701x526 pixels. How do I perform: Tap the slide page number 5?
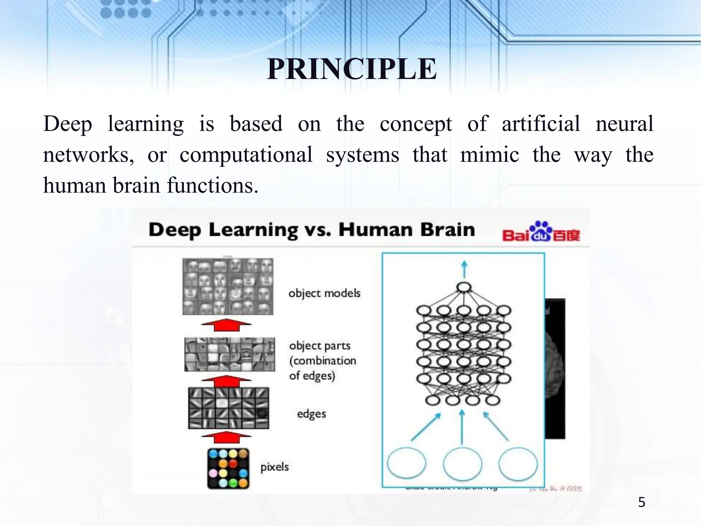(641, 502)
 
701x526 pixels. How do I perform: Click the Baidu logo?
(541, 232)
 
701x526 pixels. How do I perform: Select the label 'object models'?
(324, 293)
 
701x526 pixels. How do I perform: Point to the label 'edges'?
(311, 414)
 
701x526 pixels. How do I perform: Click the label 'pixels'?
(275, 467)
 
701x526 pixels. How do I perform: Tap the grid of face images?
(228, 286)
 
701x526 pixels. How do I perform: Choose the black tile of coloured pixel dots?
(228, 468)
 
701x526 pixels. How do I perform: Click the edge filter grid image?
(229, 408)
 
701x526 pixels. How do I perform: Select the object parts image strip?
(229, 354)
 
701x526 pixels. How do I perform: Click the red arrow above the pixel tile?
(226, 437)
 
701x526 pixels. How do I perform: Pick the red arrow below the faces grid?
(226, 325)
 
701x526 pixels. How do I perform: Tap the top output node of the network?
(464, 287)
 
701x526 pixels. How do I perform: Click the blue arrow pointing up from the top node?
(464, 269)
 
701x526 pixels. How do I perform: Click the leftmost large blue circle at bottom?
(407, 463)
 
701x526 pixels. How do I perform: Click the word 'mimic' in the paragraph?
(489, 155)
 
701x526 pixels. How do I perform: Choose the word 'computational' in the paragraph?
(246, 155)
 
